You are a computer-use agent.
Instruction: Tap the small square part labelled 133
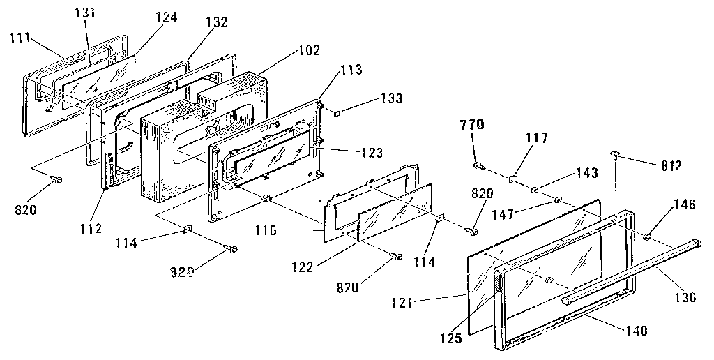(336, 111)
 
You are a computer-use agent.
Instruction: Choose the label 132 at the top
(217, 22)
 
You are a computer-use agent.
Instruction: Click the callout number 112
(91, 228)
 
